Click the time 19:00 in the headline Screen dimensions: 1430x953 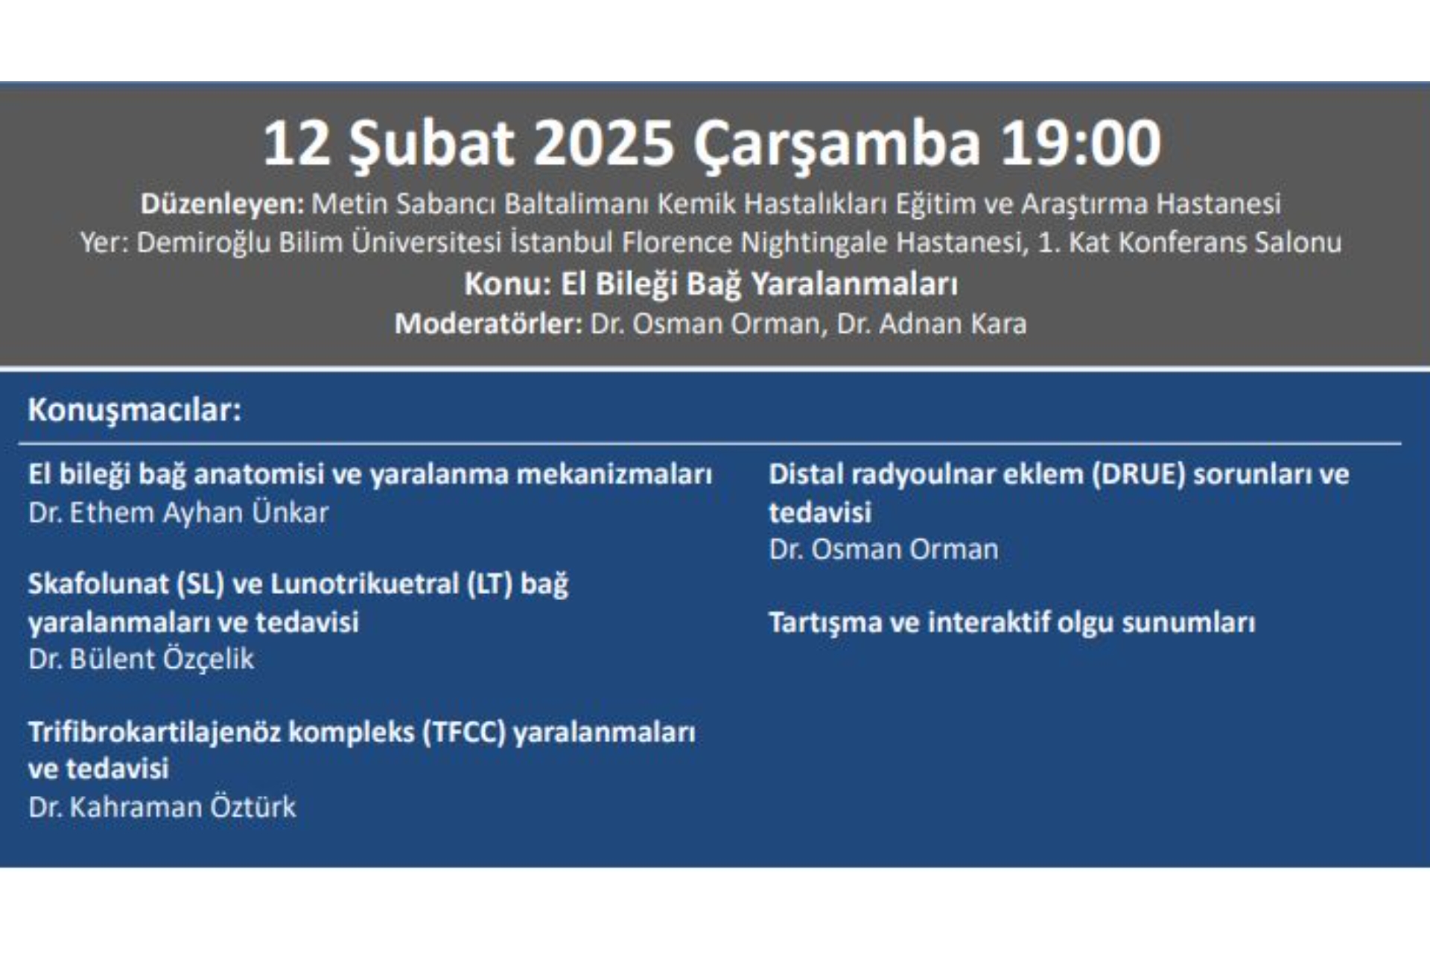tap(1080, 143)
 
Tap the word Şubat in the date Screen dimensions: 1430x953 tap(432, 147)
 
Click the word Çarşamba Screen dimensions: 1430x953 tap(837, 147)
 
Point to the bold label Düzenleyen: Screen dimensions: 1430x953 tap(222, 204)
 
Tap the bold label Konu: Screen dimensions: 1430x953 tap(507, 284)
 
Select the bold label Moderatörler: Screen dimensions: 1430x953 tap(488, 324)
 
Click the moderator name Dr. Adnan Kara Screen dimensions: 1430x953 tap(932, 324)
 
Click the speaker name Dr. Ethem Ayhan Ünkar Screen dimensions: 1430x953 tap(178, 512)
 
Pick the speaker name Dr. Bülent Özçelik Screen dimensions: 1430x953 tap(141, 659)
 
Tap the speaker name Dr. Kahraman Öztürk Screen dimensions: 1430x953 tap(162, 806)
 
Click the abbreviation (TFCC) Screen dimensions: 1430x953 tap(464, 733)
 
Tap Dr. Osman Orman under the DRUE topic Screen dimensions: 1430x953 tap(883, 549)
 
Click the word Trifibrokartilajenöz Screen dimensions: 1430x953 tap(154, 733)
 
